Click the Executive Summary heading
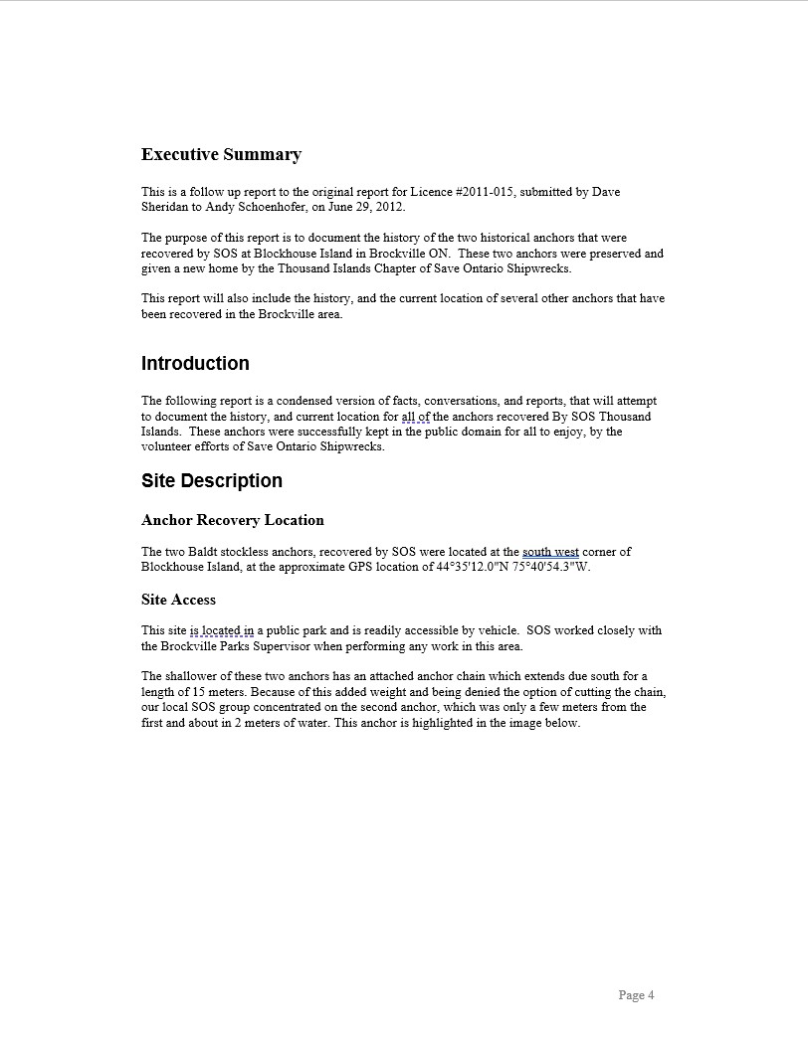point(221,154)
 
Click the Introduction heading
point(195,363)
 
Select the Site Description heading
point(212,481)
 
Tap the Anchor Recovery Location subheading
point(233,520)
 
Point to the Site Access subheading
point(179,600)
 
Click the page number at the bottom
point(636,995)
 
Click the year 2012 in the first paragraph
point(389,207)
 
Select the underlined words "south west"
point(550,552)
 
